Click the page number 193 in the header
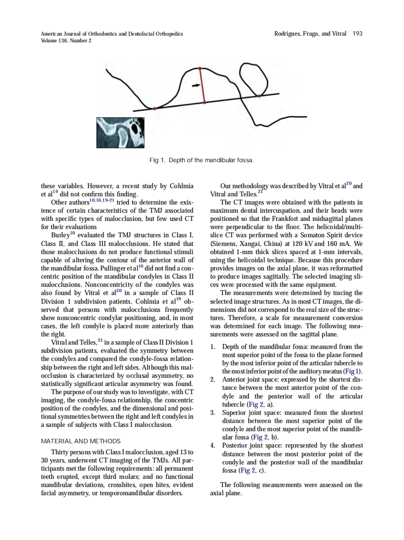(357, 34)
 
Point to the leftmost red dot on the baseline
(155, 109)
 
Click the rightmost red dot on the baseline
(259, 96)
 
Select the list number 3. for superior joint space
(213, 413)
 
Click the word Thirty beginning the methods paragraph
(61, 452)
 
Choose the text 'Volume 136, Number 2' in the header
(67, 40)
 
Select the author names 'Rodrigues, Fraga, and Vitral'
(310, 34)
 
